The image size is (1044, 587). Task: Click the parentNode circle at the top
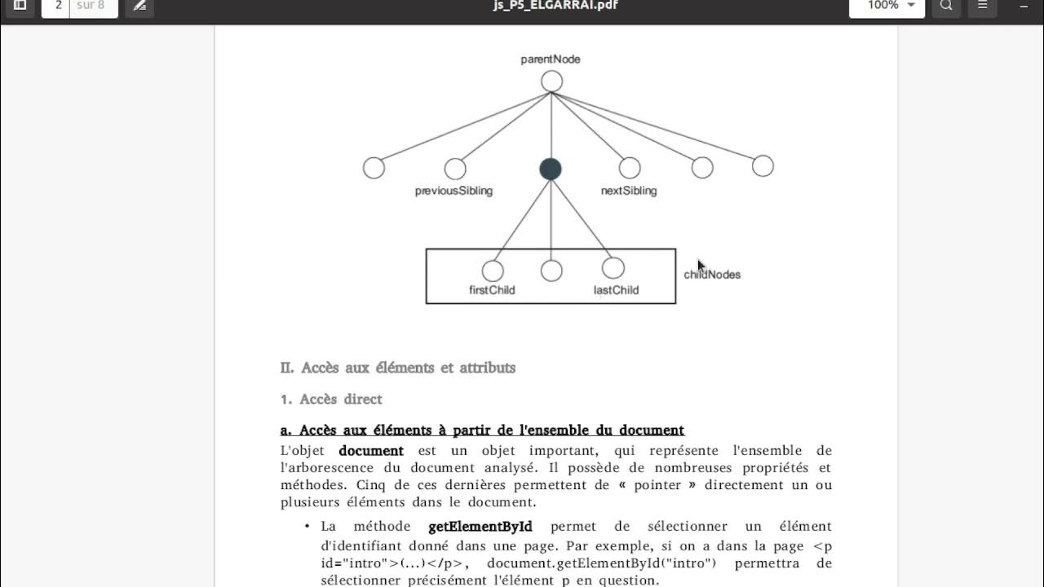click(551, 82)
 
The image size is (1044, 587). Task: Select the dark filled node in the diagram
click(551, 169)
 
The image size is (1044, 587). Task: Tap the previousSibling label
click(453, 191)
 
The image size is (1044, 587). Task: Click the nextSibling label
click(628, 191)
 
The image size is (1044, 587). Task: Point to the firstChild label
click(492, 290)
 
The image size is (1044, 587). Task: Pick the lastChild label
click(616, 290)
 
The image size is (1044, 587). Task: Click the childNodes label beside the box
click(712, 275)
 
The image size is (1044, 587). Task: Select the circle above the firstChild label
click(493, 271)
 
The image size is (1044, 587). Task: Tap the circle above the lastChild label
click(613, 267)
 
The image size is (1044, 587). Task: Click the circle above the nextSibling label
click(629, 168)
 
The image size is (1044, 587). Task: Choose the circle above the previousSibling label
click(455, 169)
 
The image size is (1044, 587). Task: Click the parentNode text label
click(551, 60)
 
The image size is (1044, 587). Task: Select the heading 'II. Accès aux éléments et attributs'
click(398, 368)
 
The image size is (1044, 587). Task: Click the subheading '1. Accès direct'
click(331, 399)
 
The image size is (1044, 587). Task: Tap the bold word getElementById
click(480, 527)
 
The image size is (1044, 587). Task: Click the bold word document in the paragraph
click(371, 451)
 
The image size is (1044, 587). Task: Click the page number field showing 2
click(57, 6)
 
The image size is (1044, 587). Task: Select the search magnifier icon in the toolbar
click(946, 6)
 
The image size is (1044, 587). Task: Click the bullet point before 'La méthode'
click(307, 527)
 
